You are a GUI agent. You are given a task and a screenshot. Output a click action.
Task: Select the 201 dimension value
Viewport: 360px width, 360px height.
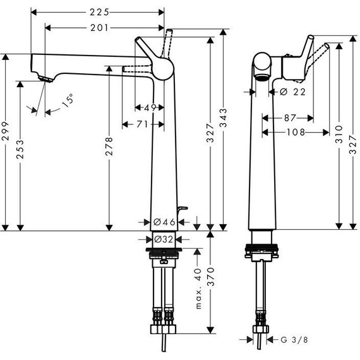pyautogui.click(x=99, y=27)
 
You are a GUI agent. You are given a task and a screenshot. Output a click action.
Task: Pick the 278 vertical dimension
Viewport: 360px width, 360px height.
pyautogui.click(x=110, y=147)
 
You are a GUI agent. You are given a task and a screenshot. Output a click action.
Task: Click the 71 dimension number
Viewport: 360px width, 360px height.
pyautogui.click(x=141, y=124)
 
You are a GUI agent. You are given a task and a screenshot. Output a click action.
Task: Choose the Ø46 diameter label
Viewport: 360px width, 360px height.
pyautogui.click(x=164, y=222)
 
